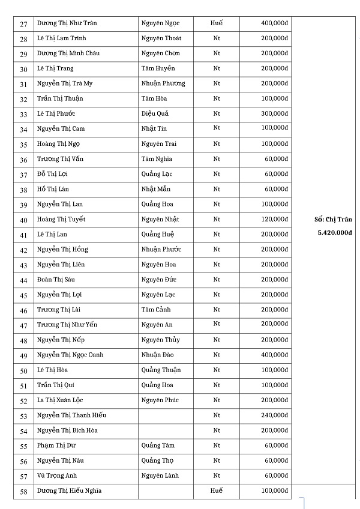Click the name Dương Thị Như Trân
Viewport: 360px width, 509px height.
pyautogui.click(x=67, y=23)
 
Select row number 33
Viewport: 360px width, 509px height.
pyautogui.click(x=24, y=114)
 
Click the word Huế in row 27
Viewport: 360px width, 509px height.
pyautogui.click(x=217, y=23)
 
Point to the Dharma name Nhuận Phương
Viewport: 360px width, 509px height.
pyautogui.click(x=163, y=83)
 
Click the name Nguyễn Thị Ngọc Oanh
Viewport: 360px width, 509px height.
pyautogui.click(x=70, y=355)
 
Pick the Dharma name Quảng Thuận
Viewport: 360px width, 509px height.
pyautogui.click(x=161, y=370)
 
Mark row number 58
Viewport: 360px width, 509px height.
pyautogui.click(x=24, y=492)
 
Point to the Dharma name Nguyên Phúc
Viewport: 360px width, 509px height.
pyautogui.click(x=160, y=400)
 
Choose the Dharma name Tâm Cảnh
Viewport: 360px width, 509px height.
pyautogui.click(x=156, y=310)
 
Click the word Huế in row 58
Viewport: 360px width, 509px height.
pyautogui.click(x=217, y=490)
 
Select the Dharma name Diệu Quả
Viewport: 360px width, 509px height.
pyautogui.click(x=155, y=113)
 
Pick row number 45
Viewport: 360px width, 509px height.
pyautogui.click(x=24, y=295)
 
